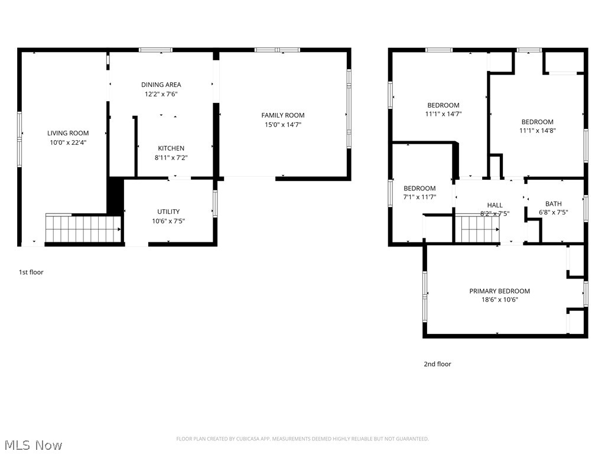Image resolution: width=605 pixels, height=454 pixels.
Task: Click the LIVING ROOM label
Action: (68, 133)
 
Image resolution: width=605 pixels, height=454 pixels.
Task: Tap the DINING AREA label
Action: (161, 85)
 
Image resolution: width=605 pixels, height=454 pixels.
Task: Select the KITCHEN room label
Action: (171, 148)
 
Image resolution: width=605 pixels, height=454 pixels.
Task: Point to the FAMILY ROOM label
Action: (283, 115)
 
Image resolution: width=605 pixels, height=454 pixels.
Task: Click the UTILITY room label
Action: (168, 212)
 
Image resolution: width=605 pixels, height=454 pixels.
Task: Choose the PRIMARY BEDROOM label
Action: (499, 291)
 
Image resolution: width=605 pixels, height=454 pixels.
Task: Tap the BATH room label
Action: (553, 204)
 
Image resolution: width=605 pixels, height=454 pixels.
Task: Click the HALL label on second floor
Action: (495, 205)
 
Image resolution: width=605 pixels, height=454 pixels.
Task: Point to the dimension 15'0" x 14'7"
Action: (283, 125)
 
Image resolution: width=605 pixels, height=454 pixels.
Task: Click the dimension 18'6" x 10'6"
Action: (499, 300)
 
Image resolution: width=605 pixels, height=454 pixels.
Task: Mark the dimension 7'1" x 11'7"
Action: (419, 197)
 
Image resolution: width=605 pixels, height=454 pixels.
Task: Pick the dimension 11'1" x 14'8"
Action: (537, 131)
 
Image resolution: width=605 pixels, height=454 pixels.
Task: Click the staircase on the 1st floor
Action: (83, 229)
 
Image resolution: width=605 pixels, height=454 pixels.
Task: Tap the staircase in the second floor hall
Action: (480, 229)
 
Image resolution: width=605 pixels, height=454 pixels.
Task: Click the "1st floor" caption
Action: (31, 273)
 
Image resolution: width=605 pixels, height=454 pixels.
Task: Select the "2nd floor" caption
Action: (437, 364)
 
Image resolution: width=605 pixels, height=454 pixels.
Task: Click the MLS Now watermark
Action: (33, 445)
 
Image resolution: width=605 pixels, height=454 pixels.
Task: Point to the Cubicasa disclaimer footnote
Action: (302, 439)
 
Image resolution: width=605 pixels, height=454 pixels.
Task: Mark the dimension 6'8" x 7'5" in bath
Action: (553, 213)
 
